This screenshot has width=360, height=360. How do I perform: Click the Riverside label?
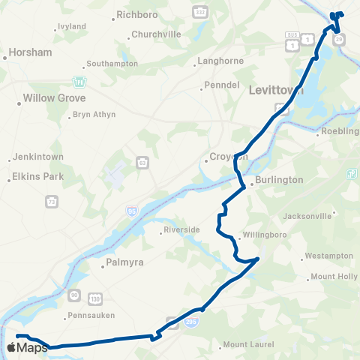pos(182,229)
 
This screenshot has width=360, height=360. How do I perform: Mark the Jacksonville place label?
pos(307,216)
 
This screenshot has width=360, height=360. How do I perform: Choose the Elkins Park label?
pos(37,177)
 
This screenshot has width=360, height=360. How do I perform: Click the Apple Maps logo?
pos(27,347)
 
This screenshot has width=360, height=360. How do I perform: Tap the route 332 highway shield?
pos(199,13)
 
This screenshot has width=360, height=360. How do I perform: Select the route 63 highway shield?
pos(142,162)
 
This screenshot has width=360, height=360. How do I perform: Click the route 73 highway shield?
pos(51,202)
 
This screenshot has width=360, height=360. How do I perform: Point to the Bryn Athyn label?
pos(94,115)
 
